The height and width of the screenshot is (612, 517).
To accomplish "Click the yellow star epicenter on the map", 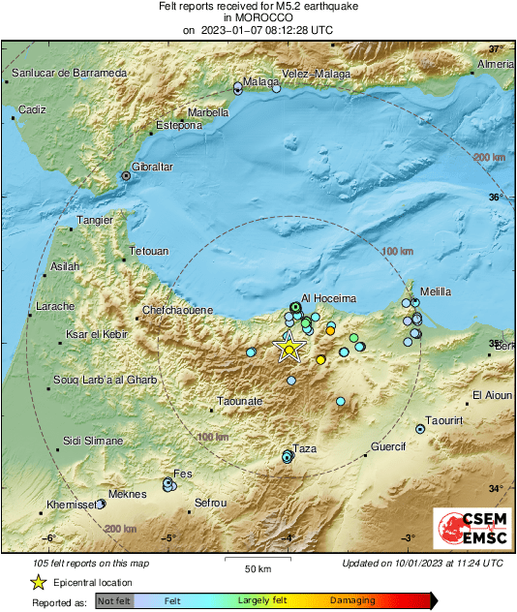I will coord(289,349).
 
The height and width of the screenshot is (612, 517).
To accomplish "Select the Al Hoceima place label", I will coord(330,298).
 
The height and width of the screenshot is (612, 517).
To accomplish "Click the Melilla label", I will coord(436,291).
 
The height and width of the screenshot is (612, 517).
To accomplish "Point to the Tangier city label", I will coord(96,220).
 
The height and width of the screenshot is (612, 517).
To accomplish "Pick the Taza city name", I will coord(305,448).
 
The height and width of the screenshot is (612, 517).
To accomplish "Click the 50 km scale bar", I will coord(257,561).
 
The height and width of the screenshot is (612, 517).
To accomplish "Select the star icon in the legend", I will coord(38,582).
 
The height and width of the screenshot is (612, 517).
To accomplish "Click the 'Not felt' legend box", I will coord(113,600).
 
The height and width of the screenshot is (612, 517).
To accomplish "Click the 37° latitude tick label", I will coord(496,48).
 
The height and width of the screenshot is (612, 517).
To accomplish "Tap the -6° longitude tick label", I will coord(49,538).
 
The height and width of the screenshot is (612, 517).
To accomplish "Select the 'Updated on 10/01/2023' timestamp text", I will coord(422,563).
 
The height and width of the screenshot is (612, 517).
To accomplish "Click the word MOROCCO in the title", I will coord(258,17).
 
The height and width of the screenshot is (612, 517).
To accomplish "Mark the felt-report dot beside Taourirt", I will coord(420,428).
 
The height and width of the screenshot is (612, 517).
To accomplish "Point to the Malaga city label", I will coord(260,82).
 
